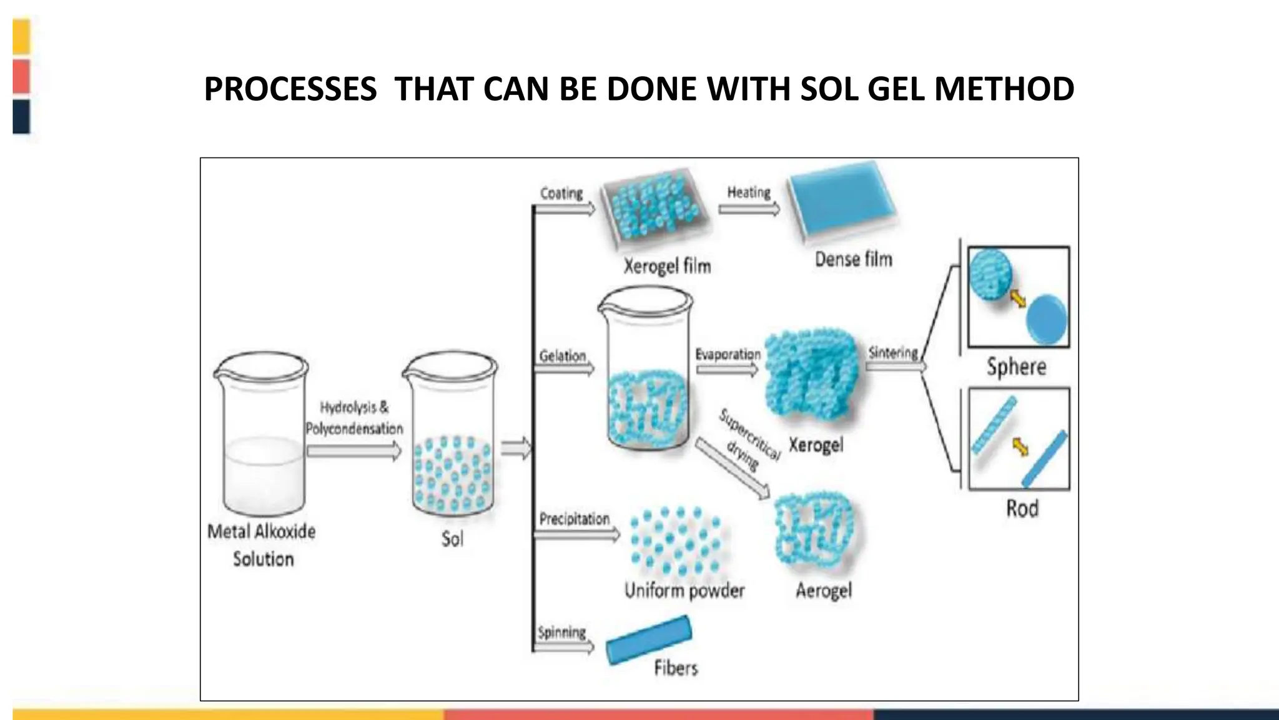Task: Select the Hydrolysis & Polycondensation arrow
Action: pyautogui.click(x=353, y=451)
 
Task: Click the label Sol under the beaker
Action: pyautogui.click(x=452, y=539)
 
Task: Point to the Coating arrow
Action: pyautogui.click(x=566, y=210)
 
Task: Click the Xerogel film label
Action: pyautogui.click(x=667, y=267)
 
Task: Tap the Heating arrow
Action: pyautogui.click(x=749, y=209)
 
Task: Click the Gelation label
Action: pyautogui.click(x=562, y=356)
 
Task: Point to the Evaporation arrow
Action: pyautogui.click(x=727, y=370)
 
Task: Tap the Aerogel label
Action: pyautogui.click(x=823, y=591)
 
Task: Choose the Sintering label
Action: pyautogui.click(x=893, y=352)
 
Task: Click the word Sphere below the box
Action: pyautogui.click(x=1016, y=367)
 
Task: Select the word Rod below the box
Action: pyautogui.click(x=1022, y=509)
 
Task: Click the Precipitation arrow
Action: pyautogui.click(x=578, y=534)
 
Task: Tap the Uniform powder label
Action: pyautogui.click(x=684, y=591)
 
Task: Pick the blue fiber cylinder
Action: pyautogui.click(x=648, y=640)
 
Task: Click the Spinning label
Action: pyautogui.click(x=561, y=632)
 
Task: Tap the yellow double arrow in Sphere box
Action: pyautogui.click(x=1018, y=299)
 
